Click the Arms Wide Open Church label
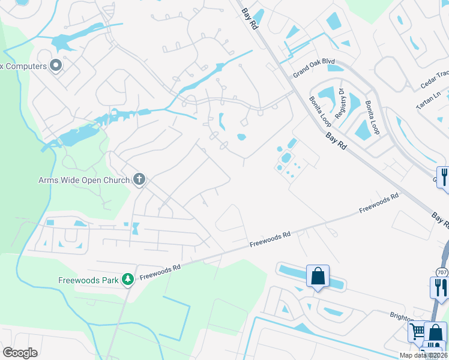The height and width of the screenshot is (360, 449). pos(83,180)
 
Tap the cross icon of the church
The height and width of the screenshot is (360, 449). pos(139,179)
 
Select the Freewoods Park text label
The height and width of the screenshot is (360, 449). pos(89,280)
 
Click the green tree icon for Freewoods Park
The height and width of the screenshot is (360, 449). pos(127,279)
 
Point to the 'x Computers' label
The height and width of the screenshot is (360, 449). pos(23,66)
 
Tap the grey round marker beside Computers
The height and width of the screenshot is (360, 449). pos(56,65)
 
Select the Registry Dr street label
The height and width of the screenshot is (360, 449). pos(340,104)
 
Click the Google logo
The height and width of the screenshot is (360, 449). pos(20,353)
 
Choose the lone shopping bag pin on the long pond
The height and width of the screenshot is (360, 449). pos(318,277)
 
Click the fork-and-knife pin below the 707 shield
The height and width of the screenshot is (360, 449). pos(440,287)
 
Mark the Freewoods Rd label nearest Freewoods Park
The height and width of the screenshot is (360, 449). pos(160,272)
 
